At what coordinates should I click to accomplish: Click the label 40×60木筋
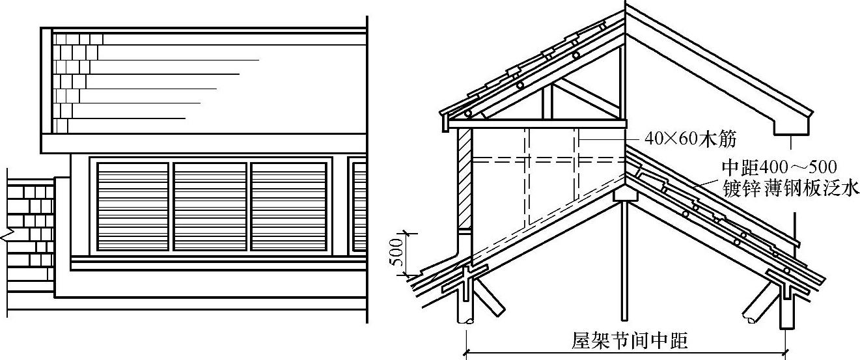pyautogui.click(x=690, y=138)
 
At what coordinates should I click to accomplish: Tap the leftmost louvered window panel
pyautogui.click(x=133, y=206)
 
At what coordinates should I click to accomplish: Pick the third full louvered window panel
pyautogui.click(x=288, y=206)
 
